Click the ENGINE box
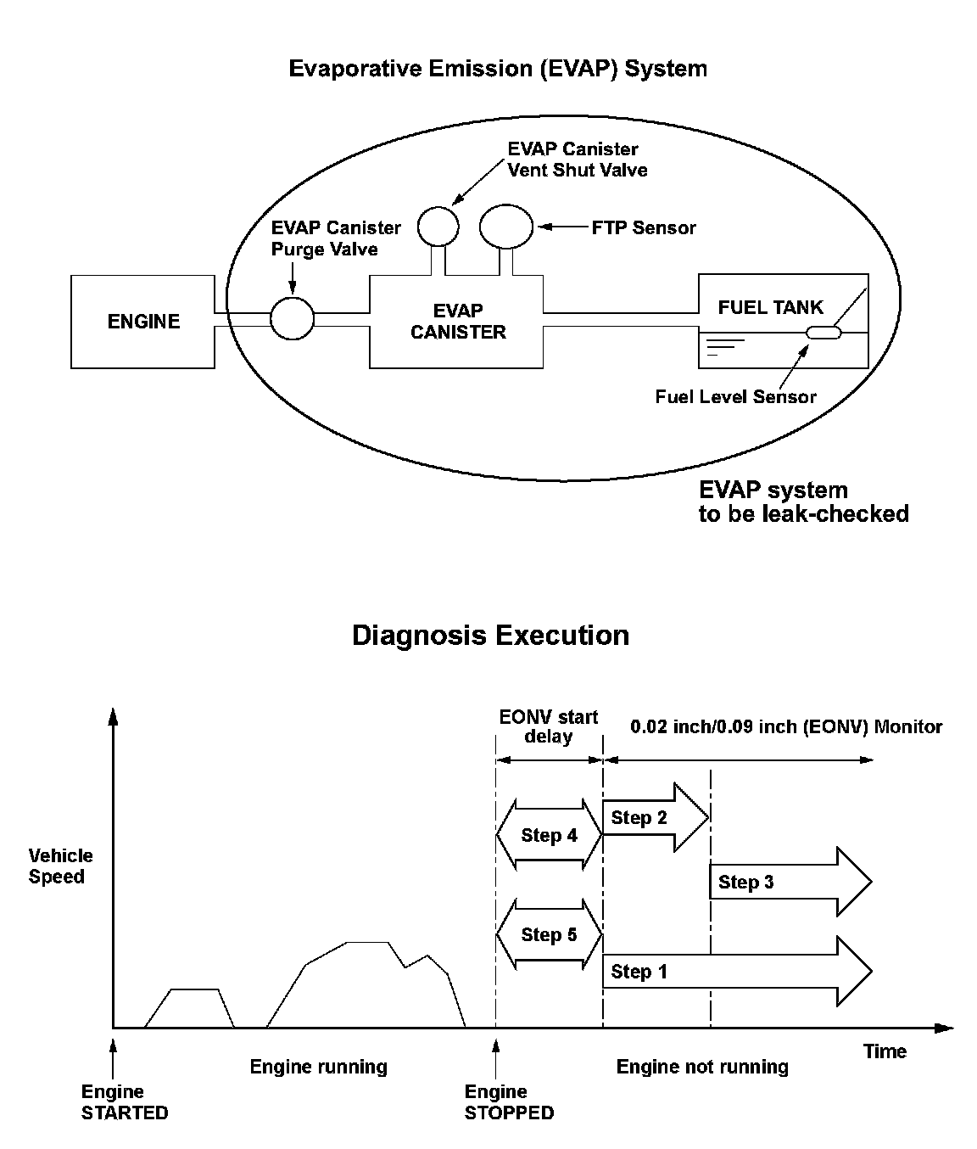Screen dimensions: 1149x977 coord(142,322)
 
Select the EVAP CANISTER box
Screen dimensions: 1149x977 coord(457,322)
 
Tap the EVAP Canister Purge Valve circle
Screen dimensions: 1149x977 coord(293,319)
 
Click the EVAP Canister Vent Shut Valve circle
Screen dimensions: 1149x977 coord(438,226)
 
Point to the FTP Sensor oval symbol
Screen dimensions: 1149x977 coord(506,227)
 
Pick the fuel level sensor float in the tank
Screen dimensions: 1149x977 coord(823,333)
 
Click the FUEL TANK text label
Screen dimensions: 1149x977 coord(770,307)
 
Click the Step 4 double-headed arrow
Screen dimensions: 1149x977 coord(549,836)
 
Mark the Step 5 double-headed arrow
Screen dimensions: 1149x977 coord(549,935)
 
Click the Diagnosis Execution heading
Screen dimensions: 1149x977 coord(490,636)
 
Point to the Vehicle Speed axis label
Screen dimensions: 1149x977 coord(60,866)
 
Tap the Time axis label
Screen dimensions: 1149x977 coord(885,1051)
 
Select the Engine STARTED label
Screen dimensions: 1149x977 coord(125,1102)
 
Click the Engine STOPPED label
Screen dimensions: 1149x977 coord(509,1102)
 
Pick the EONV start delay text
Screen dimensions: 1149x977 coord(549,726)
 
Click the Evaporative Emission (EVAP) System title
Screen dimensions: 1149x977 coord(498,68)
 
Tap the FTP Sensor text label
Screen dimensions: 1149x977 coord(644,227)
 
